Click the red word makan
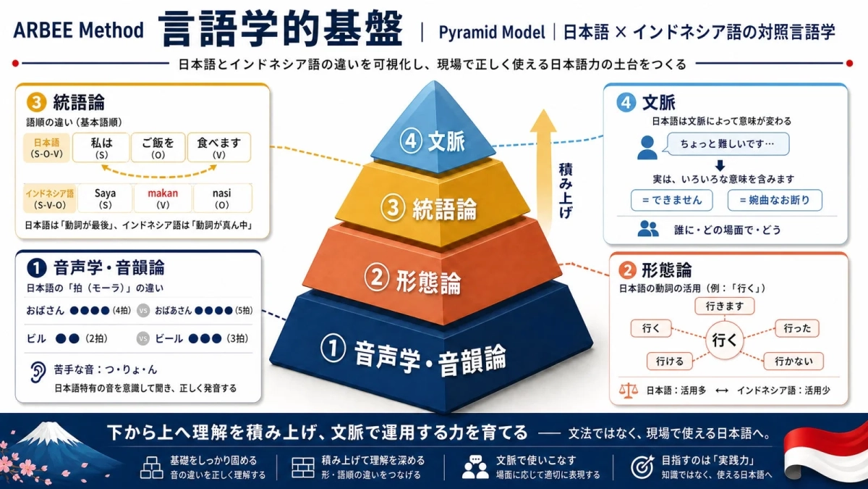[163, 193]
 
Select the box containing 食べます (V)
[219, 148]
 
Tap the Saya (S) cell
[105, 198]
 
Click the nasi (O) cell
[222, 198]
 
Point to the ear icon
[38, 372]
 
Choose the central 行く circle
[724, 340]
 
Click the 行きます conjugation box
[724, 306]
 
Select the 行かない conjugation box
[793, 361]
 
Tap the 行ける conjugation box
[670, 361]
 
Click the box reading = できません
[671, 200]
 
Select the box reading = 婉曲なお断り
[775, 200]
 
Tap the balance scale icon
[628, 390]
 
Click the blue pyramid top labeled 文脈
[433, 132]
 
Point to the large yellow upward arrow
[543, 171]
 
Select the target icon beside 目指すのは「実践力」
[642, 467]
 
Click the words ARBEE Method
[78, 30]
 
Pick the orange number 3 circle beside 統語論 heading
[36, 102]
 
